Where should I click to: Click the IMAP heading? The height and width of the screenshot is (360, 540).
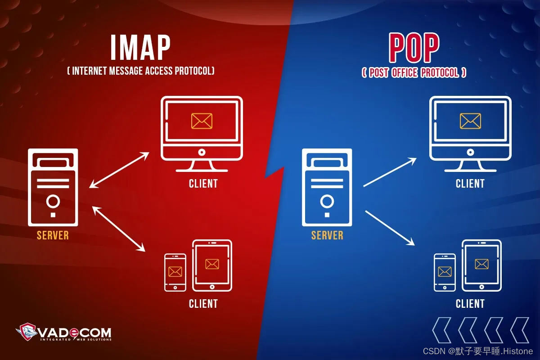141,48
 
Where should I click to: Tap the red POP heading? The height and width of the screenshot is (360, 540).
414,48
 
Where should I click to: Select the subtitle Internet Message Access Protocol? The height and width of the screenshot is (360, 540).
141,71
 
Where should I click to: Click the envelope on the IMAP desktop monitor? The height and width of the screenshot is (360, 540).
202,121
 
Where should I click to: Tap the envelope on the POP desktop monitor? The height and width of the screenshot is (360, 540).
470,121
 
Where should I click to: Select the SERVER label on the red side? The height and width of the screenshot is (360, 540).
53,235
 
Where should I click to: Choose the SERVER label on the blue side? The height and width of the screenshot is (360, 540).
327,235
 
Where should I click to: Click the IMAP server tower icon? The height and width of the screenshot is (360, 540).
53,187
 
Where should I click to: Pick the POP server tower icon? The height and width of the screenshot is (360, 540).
327,187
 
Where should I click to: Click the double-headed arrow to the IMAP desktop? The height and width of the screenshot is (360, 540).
119,170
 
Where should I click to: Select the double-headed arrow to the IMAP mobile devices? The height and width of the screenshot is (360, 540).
119,229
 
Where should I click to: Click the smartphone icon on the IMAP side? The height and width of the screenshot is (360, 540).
175,272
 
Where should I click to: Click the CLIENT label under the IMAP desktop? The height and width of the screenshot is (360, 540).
203,184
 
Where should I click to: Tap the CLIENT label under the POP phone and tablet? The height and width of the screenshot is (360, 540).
470,304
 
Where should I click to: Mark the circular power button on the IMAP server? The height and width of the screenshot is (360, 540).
53,201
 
